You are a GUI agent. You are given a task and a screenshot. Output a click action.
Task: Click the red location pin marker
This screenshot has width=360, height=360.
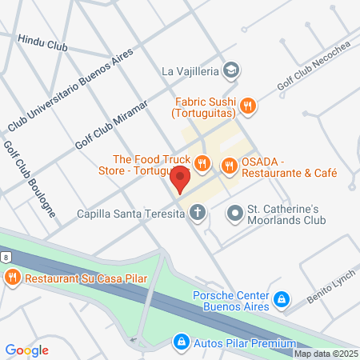click(x=181, y=179)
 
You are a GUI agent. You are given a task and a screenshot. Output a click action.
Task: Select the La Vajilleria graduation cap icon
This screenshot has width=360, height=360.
click(x=231, y=71)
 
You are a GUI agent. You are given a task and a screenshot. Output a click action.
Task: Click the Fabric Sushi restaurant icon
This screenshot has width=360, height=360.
click(x=248, y=105)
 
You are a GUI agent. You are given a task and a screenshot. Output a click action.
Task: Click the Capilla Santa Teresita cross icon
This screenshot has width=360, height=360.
click(x=197, y=213)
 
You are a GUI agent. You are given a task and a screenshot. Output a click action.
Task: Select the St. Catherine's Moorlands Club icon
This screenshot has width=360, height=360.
click(x=234, y=213)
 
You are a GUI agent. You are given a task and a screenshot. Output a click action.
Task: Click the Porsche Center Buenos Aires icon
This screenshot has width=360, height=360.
click(x=282, y=300)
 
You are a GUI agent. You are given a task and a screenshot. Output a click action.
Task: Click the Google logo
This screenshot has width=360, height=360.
click(x=27, y=350)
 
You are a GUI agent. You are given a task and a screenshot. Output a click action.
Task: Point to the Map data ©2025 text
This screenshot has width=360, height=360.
click(x=326, y=354)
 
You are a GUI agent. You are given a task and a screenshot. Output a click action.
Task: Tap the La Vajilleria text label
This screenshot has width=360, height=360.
click(x=190, y=71)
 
